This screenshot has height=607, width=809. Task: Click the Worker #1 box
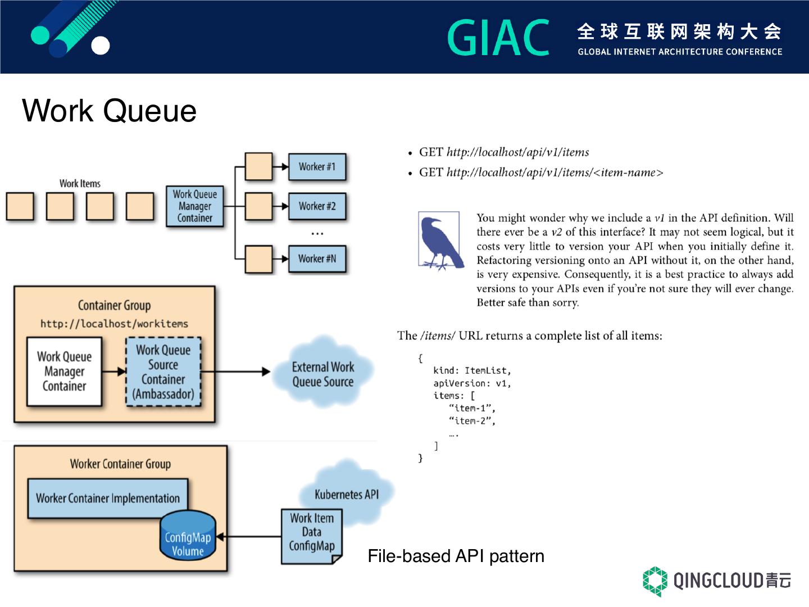(x=317, y=167)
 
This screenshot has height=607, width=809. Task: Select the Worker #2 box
(x=317, y=206)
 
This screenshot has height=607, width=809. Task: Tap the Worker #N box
(x=317, y=259)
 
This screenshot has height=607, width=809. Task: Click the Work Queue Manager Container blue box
(x=194, y=206)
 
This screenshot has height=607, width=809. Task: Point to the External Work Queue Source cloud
(x=322, y=374)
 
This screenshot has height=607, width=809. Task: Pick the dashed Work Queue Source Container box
(x=163, y=372)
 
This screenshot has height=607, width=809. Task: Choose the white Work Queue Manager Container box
(x=65, y=372)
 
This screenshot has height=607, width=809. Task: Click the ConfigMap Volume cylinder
(x=188, y=538)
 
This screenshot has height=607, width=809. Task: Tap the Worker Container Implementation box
(x=108, y=499)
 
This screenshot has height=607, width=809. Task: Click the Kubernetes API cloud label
(x=346, y=495)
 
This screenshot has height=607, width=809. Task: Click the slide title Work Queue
(x=110, y=110)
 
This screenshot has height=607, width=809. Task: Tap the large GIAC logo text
(x=498, y=38)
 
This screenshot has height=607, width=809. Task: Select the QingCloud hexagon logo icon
(x=655, y=581)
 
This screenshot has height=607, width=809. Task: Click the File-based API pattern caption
(x=456, y=556)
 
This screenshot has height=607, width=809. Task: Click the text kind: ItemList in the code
(x=472, y=371)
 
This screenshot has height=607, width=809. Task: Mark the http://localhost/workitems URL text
(x=114, y=324)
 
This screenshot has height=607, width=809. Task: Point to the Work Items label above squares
(x=80, y=183)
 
